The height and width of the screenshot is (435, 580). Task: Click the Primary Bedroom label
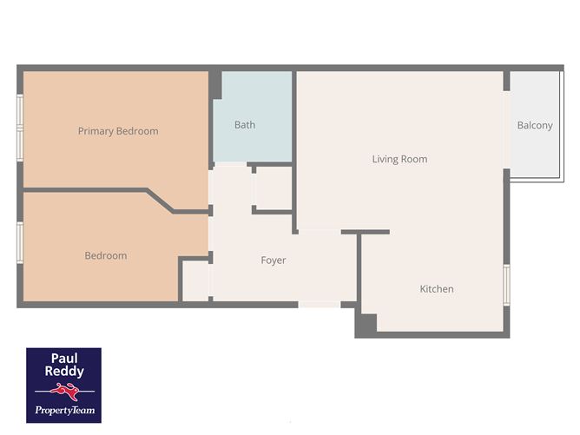[118, 131]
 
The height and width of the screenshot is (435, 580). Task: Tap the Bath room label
[245, 125]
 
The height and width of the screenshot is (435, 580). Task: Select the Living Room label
[399, 159]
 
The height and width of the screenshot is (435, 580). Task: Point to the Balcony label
[535, 126]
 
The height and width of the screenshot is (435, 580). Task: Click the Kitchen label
[437, 289]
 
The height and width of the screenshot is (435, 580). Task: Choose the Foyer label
[274, 260]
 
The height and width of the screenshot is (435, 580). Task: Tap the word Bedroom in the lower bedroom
[106, 255]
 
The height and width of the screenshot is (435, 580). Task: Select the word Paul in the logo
[64, 358]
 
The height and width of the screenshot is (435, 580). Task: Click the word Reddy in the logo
[64, 372]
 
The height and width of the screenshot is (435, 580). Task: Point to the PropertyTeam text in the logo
[65, 410]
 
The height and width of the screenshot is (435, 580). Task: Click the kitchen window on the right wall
[507, 285]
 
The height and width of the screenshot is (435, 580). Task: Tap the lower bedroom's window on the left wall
[20, 242]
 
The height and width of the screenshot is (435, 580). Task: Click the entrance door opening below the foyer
[320, 305]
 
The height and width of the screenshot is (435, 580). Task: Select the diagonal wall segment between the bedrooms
[160, 201]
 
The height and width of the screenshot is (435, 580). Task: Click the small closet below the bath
[273, 188]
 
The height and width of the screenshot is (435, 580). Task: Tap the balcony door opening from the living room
[507, 130]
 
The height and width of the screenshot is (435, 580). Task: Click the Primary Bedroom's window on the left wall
[20, 128]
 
